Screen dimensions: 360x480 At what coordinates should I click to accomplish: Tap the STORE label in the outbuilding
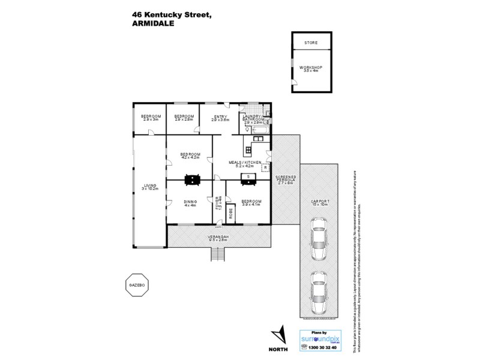(x=311, y=43)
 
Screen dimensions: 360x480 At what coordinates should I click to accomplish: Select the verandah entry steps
(x=218, y=256)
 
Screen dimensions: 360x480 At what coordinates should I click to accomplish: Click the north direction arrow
(x=278, y=334)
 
